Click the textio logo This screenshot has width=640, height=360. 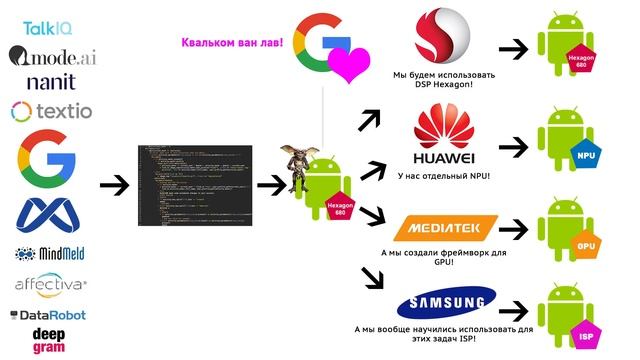click(51, 110)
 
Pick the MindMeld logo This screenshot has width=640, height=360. click(50, 254)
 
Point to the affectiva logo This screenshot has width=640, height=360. click(50, 285)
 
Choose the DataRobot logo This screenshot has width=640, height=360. click(49, 315)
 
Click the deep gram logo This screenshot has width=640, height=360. click(49, 338)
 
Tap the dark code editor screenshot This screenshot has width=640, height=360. click(189, 186)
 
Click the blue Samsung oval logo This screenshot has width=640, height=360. click(444, 304)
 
